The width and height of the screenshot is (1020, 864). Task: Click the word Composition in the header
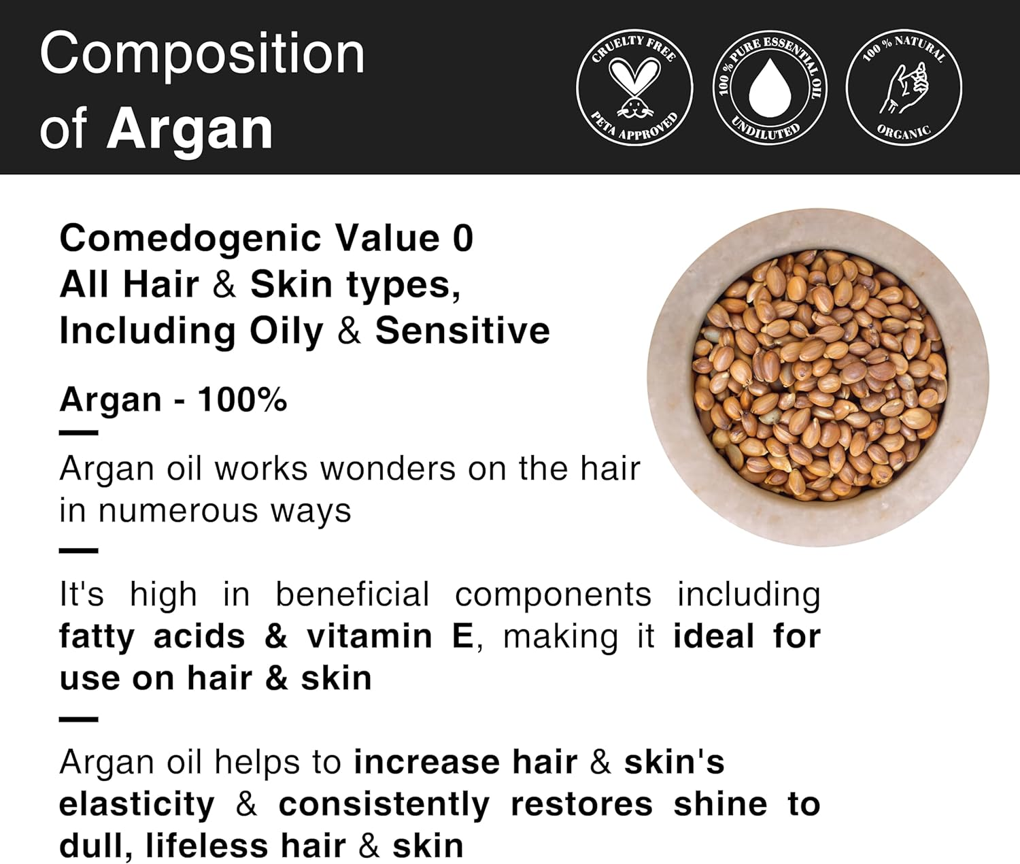tap(202, 54)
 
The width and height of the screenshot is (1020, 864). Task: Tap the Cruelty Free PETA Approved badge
tap(634, 88)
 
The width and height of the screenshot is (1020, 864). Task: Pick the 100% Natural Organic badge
tap(904, 88)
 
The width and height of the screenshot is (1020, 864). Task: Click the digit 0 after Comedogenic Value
tap(462, 239)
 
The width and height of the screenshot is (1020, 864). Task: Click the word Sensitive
tap(462, 331)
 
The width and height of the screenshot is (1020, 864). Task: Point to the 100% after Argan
tap(242, 399)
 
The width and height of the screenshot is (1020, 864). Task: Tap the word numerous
tap(180, 511)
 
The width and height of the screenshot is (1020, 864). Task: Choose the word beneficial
tap(352, 595)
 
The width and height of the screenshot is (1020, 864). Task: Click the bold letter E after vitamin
tap(462, 637)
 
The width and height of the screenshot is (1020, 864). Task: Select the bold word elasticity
tap(137, 805)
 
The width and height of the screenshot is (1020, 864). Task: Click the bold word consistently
tap(384, 805)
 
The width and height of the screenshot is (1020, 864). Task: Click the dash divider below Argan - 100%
tap(78, 433)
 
